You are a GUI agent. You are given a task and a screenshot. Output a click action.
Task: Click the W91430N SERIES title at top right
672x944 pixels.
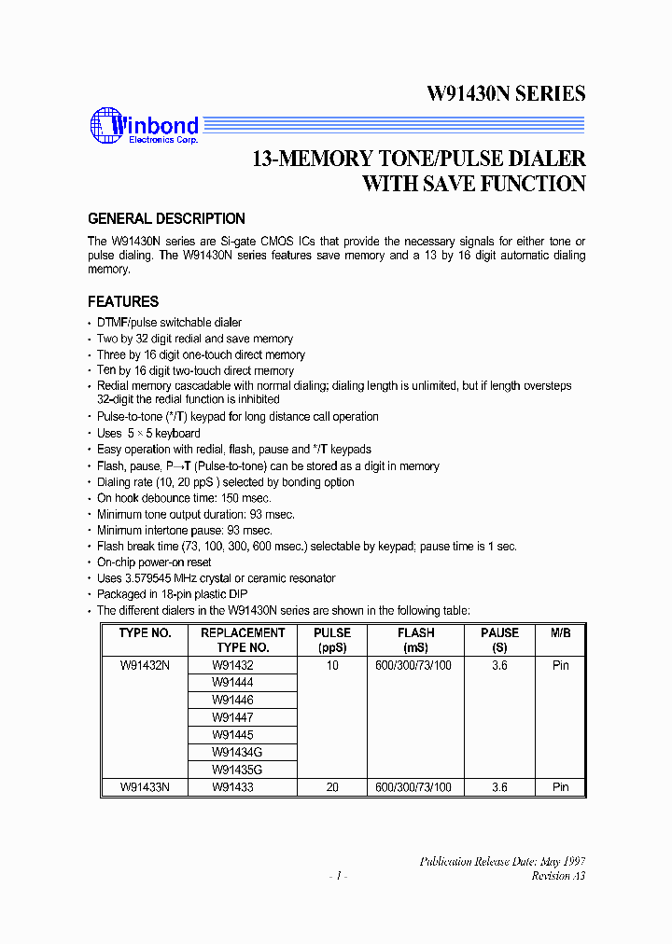click(506, 93)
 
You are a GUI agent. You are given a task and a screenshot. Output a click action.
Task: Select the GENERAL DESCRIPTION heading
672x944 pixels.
click(166, 219)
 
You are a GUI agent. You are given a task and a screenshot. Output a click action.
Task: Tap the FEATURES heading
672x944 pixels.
click(123, 301)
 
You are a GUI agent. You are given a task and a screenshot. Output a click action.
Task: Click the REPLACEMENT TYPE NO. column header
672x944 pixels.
click(243, 640)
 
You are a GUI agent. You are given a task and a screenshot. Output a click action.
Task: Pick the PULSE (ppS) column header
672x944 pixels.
click(332, 640)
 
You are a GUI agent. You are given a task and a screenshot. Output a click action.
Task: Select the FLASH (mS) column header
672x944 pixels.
click(415, 640)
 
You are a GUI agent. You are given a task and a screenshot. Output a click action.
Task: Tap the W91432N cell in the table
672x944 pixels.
click(145, 665)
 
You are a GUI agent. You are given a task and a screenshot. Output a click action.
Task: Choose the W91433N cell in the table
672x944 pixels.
click(145, 787)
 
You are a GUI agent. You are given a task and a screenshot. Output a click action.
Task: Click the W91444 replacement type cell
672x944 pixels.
click(232, 683)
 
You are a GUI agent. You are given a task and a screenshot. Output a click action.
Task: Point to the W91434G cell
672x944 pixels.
click(236, 753)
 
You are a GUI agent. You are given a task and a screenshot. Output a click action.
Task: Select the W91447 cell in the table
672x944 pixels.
click(232, 717)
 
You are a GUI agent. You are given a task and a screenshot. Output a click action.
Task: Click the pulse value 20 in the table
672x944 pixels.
click(332, 787)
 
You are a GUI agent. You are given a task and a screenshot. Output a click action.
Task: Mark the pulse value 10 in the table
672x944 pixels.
click(332, 665)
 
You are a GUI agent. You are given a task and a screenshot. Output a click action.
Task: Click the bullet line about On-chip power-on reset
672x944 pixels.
click(154, 562)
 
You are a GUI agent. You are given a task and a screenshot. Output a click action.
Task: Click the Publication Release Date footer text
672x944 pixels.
click(502, 862)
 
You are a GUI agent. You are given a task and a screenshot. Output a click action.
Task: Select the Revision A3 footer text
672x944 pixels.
click(558, 876)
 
